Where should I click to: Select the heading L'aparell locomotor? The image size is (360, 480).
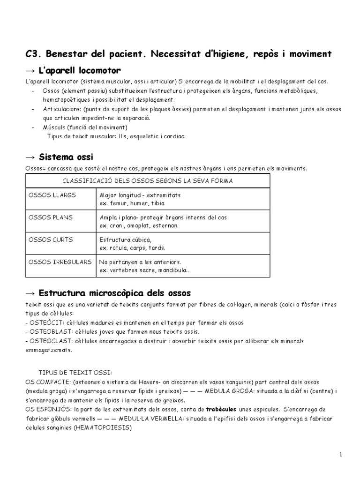(80, 70)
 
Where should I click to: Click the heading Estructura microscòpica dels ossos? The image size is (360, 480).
(115, 293)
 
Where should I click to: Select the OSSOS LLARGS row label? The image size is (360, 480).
(52, 195)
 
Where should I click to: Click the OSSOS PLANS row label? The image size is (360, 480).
(51, 217)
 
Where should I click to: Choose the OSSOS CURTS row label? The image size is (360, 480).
(51, 240)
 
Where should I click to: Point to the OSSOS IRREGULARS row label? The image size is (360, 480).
(60, 262)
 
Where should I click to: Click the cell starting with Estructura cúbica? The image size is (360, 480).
(133, 243)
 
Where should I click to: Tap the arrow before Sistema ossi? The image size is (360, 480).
(30, 157)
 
